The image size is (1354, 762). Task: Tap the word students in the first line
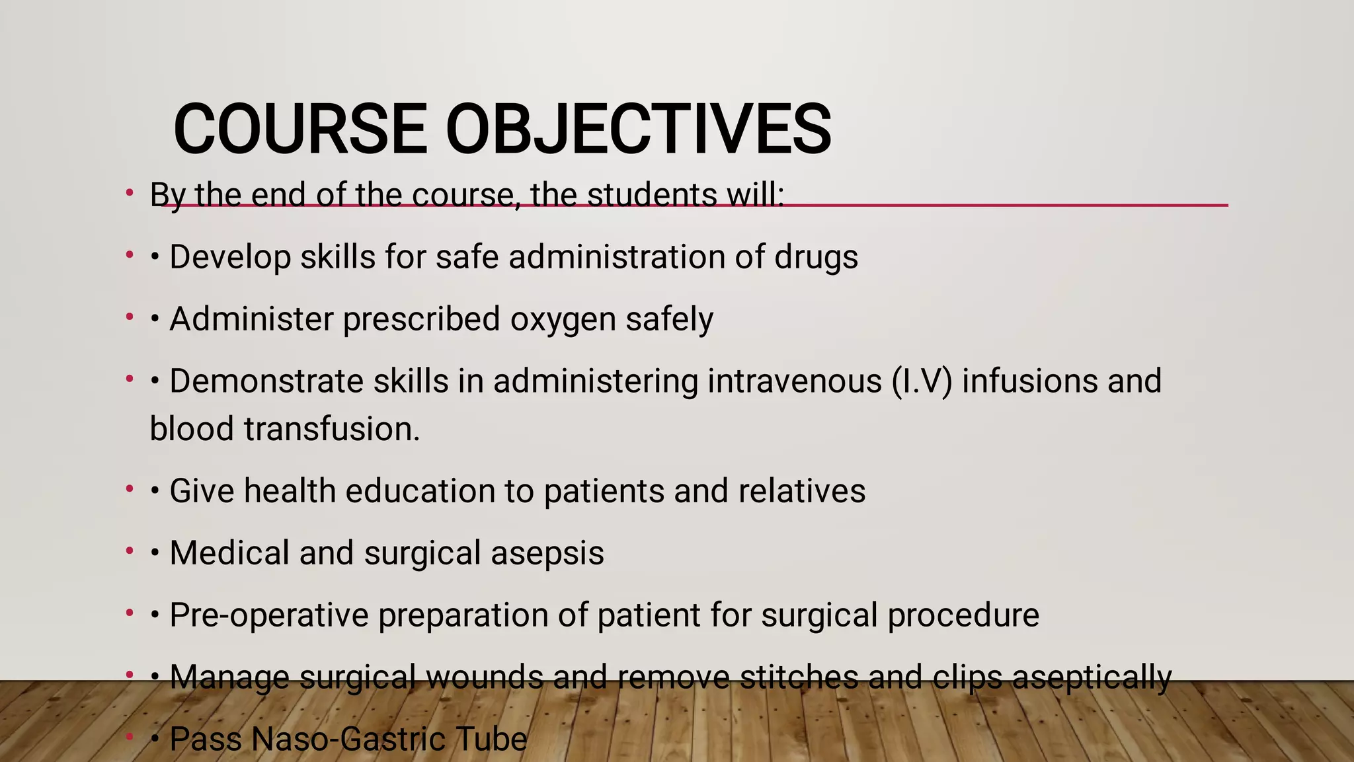pos(652,195)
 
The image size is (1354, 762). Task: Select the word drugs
pos(816,257)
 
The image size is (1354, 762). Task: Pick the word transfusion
pos(331,429)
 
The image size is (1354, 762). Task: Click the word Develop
pos(230,257)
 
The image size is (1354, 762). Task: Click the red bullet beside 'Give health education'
pos(130,490)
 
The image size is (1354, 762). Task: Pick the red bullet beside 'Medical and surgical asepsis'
pos(130,552)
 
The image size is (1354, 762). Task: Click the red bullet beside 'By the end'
pos(130,194)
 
